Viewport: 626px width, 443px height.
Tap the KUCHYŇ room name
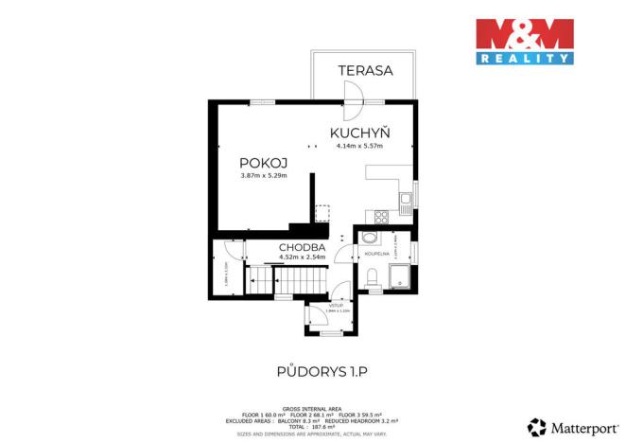tap(360, 133)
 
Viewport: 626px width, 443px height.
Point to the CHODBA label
tap(302, 248)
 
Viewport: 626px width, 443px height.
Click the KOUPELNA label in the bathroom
tap(369, 254)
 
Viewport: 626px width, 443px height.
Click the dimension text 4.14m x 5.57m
tap(359, 146)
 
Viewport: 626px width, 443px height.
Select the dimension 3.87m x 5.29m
tap(263, 175)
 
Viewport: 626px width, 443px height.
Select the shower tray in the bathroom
tap(401, 275)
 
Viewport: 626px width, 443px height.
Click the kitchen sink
tap(405, 199)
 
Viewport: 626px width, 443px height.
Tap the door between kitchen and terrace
tap(356, 92)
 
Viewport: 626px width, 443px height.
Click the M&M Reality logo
tap(525, 41)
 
